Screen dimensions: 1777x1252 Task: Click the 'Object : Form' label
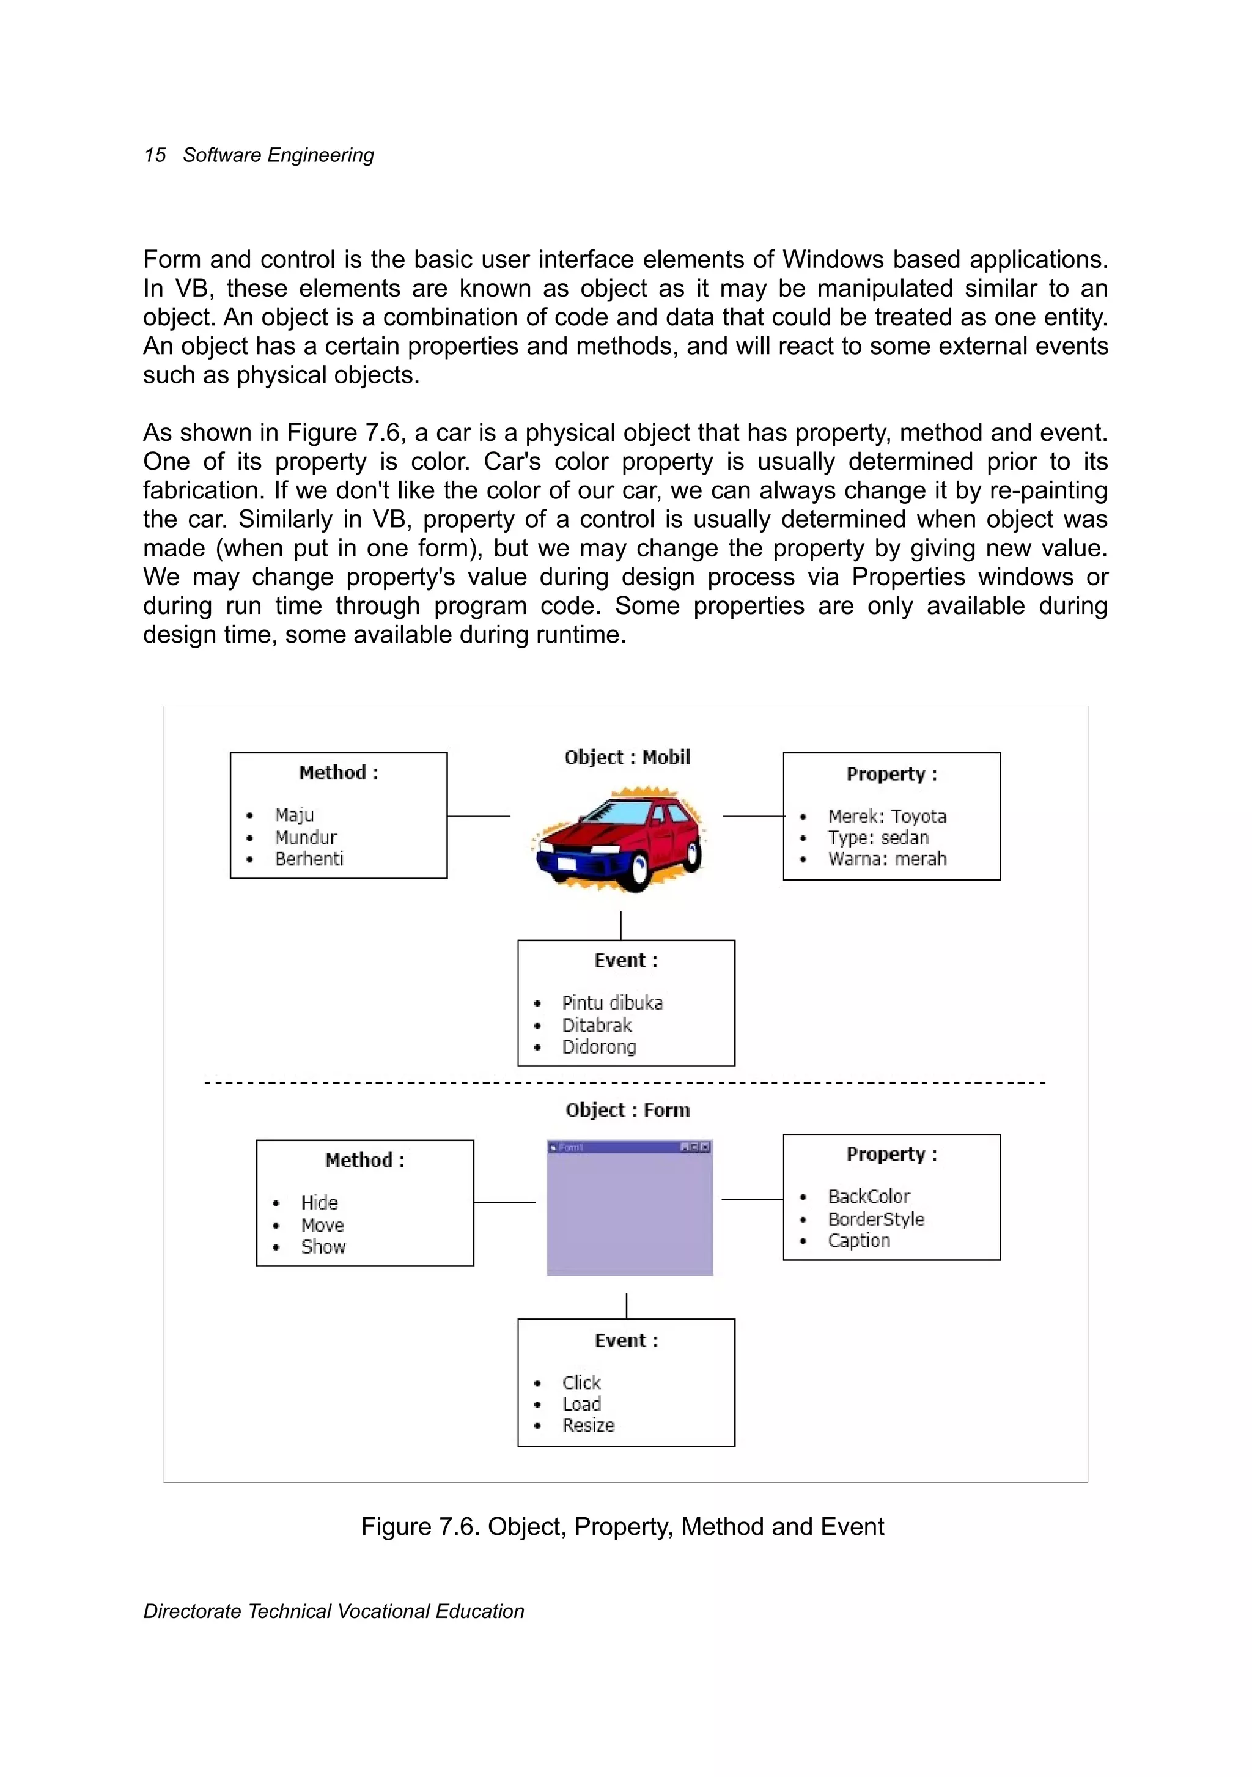pos(628,1110)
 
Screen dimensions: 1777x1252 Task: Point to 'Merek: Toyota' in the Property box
pos(887,816)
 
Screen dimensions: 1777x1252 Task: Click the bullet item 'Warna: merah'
pos(887,859)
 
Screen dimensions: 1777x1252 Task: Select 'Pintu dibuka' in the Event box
pos(612,1003)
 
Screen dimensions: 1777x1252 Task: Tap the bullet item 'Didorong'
pos(599,1047)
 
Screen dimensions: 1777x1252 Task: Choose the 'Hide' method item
pos(320,1203)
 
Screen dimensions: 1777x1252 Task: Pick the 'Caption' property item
pos(859,1241)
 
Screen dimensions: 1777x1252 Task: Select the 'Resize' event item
pos(588,1425)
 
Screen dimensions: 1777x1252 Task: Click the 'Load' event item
pos(582,1404)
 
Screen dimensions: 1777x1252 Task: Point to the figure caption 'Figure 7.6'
pos(622,1526)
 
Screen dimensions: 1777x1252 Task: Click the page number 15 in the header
pos(155,155)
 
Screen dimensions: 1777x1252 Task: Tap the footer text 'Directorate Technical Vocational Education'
pos(334,1611)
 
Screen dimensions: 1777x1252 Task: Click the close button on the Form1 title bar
pos(705,1147)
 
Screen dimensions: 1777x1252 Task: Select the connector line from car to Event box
pos(620,926)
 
